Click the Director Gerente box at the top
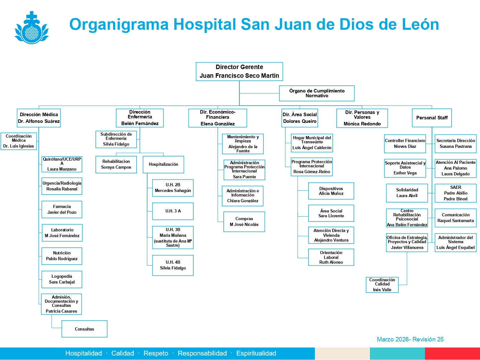pyautogui.click(x=239, y=71)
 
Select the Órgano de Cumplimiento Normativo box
pyautogui.click(x=317, y=93)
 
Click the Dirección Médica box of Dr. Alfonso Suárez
pyautogui.click(x=39, y=118)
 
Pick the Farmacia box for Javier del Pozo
pyautogui.click(x=62, y=210)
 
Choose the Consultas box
pyautogui.click(x=84, y=329)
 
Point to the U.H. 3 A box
pyautogui.click(x=173, y=211)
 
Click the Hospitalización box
pyautogui.click(x=163, y=164)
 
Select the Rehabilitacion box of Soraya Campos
pyautogui.click(x=116, y=164)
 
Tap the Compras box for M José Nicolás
pyautogui.click(x=244, y=222)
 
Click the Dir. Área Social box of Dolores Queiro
pyautogui.click(x=300, y=118)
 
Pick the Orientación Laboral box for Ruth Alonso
pyautogui.click(x=331, y=257)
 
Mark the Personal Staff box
pyautogui.click(x=432, y=118)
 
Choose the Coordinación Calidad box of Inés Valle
pyautogui.click(x=382, y=285)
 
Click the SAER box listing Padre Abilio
pyautogui.click(x=456, y=193)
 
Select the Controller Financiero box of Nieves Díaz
pyautogui.click(x=405, y=144)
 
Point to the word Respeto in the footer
pyautogui.click(x=156, y=353)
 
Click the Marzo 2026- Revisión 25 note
pyautogui.click(x=410, y=339)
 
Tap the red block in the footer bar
pyautogui.click(x=452, y=354)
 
